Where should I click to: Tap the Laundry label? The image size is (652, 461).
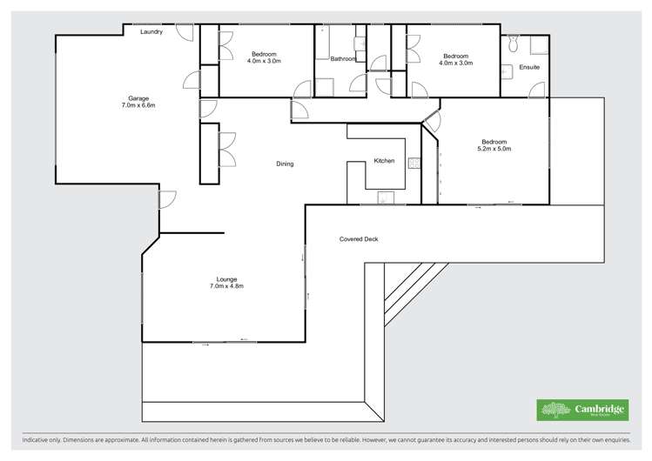click(x=151, y=31)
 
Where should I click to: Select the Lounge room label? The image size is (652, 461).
click(x=225, y=279)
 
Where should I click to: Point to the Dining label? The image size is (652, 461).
click(x=285, y=164)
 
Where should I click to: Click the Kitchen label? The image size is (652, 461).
click(x=384, y=161)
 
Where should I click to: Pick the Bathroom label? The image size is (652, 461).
click(x=343, y=58)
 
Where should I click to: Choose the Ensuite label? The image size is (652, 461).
click(x=529, y=67)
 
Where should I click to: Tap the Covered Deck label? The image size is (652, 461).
click(x=359, y=238)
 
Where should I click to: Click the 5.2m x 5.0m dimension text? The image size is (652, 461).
click(x=494, y=149)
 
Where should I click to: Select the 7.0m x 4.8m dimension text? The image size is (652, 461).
click(x=226, y=286)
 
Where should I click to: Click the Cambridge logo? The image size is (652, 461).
click(x=582, y=410)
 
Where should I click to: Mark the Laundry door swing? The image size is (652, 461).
click(x=185, y=31)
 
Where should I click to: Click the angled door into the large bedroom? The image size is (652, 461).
click(x=432, y=122)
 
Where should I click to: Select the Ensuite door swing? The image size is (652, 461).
click(x=536, y=90)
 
